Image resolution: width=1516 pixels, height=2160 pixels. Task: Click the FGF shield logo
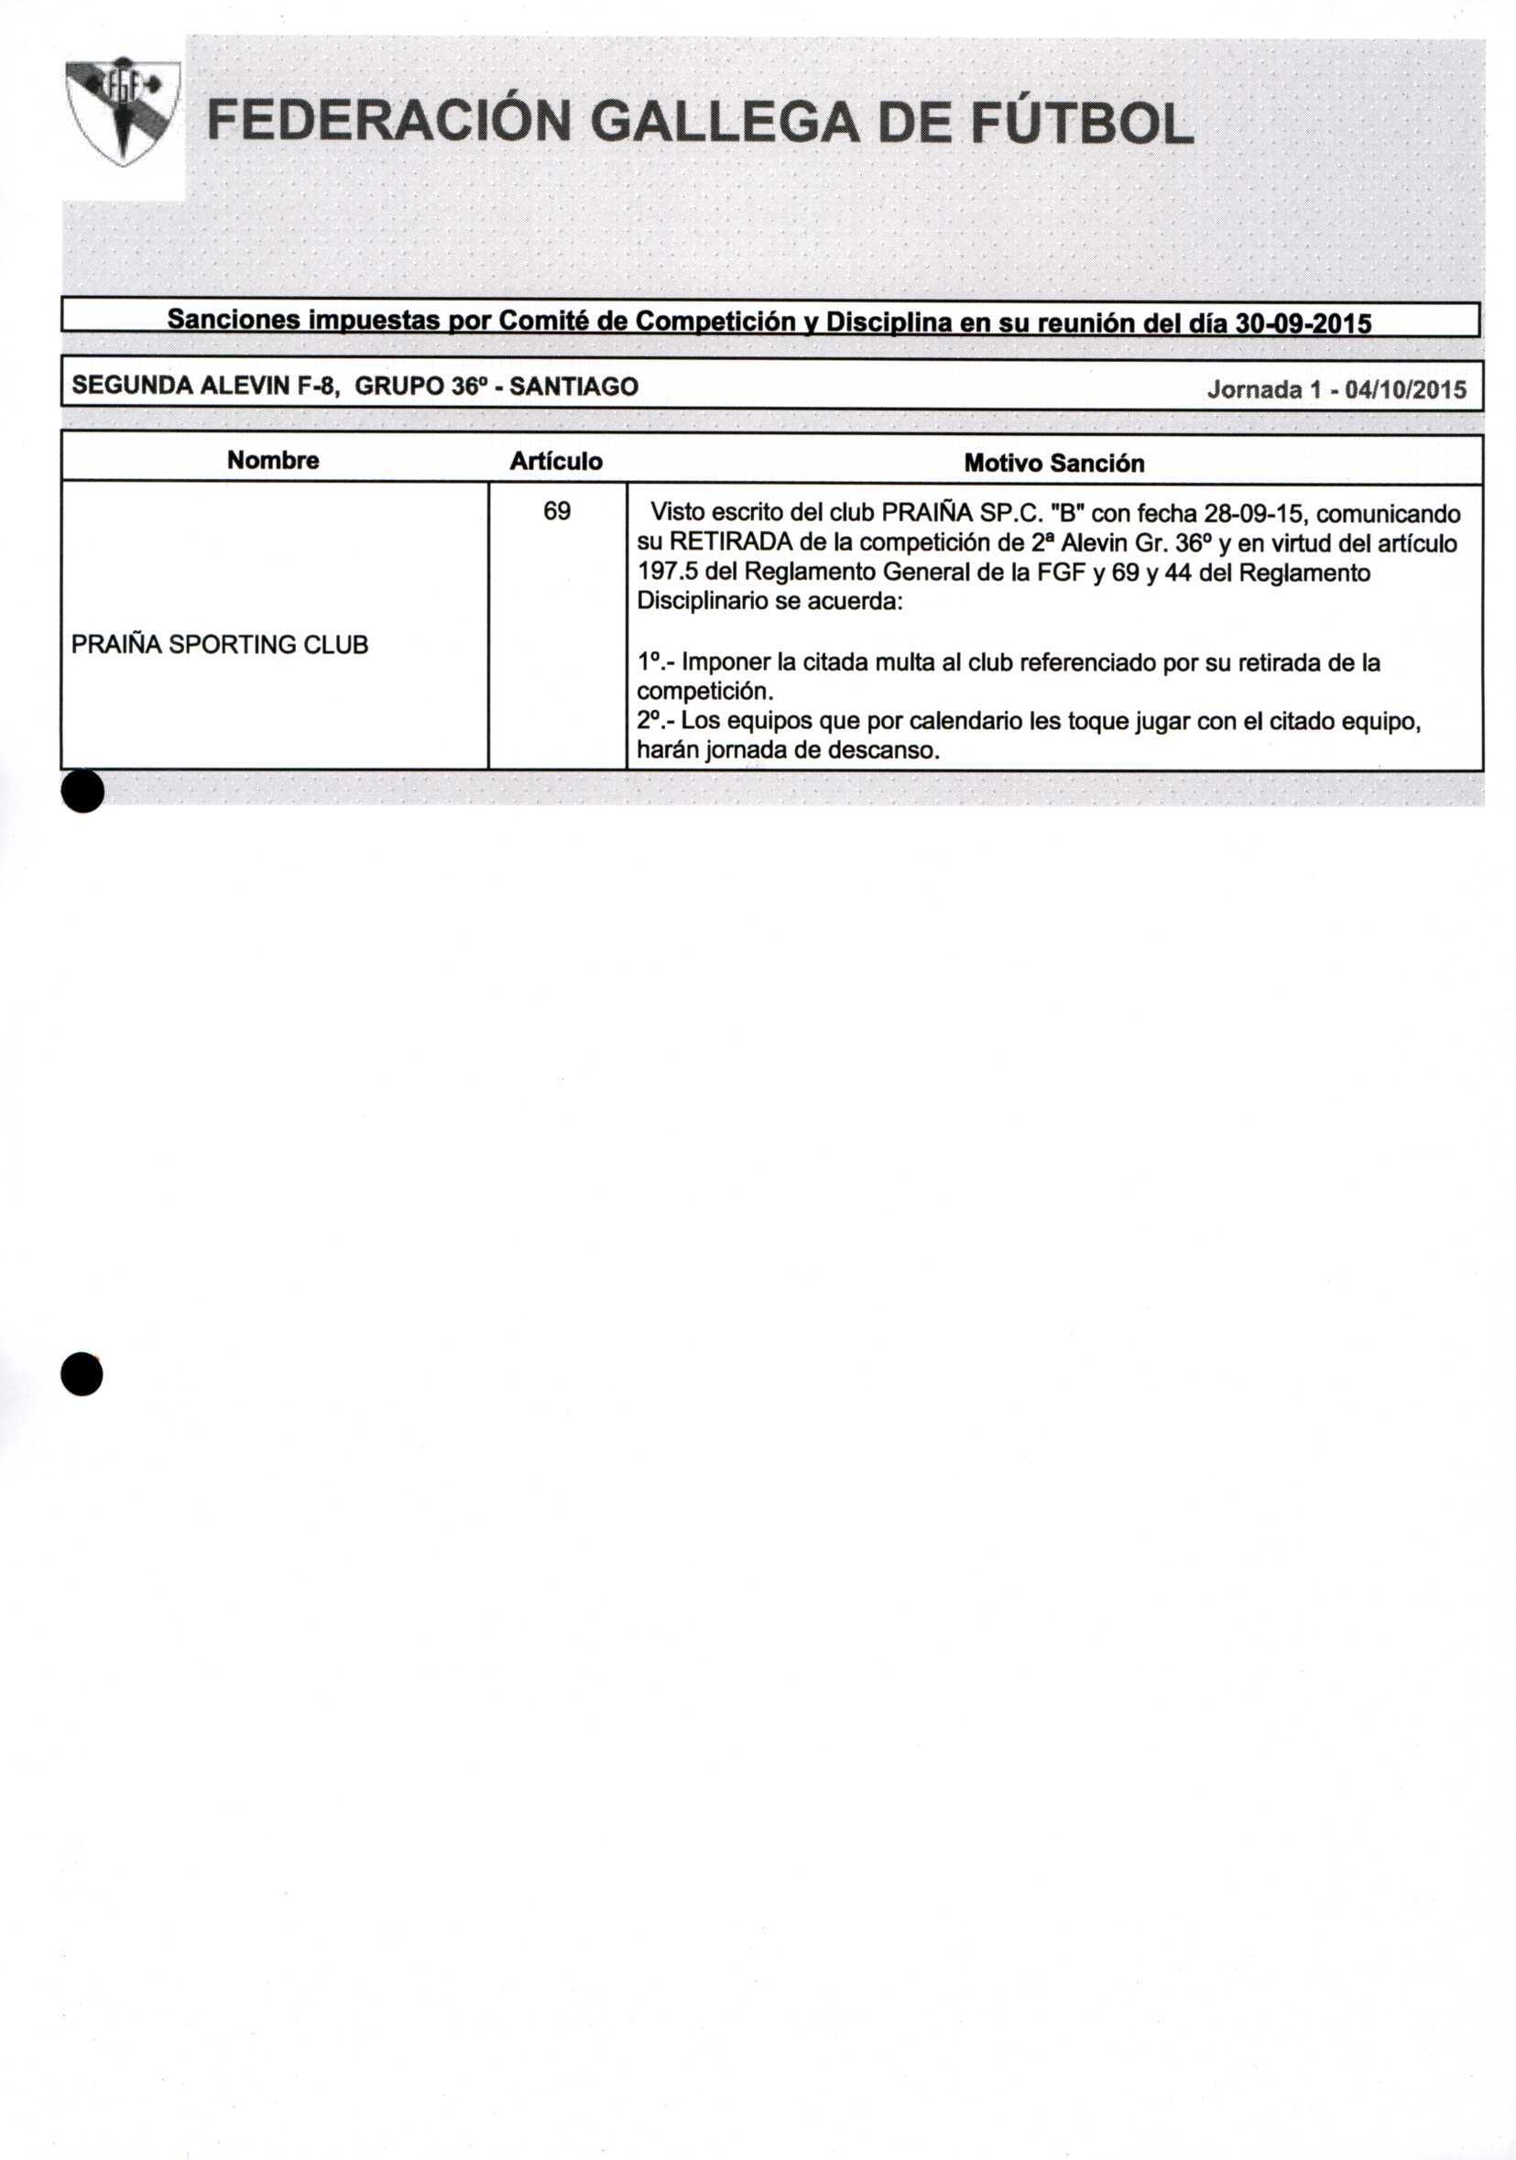click(122, 111)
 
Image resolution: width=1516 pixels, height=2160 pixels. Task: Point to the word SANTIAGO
click(574, 387)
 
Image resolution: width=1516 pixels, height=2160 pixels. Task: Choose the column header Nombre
click(273, 460)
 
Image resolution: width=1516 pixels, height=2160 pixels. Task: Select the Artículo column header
click(555, 461)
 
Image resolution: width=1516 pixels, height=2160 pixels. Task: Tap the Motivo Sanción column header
click(1053, 463)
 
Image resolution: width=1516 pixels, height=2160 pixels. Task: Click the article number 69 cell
click(556, 511)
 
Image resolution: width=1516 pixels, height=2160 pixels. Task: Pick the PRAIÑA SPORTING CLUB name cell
click(219, 644)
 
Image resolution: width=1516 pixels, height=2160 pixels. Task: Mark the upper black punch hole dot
click(82, 791)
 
